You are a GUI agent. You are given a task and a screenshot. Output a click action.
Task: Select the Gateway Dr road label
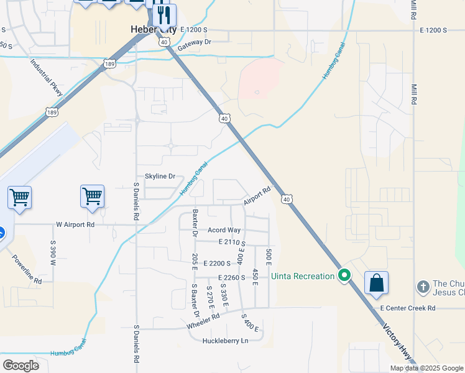click(195, 43)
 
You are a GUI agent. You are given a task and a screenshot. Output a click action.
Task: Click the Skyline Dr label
click(160, 177)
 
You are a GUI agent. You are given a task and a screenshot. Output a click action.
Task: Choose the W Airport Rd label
click(75, 224)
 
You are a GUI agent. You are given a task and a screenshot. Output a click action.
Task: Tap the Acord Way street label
click(224, 230)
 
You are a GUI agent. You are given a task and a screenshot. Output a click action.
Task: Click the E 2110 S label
click(232, 242)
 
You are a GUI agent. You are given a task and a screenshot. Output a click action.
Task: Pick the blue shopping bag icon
click(376, 283)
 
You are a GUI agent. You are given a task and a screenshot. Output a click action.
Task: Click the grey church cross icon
click(422, 287)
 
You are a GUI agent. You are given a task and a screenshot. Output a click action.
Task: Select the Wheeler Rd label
click(203, 321)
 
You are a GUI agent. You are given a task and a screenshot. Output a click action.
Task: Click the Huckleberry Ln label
click(225, 341)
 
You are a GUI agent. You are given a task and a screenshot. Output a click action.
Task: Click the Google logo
click(21, 365)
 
